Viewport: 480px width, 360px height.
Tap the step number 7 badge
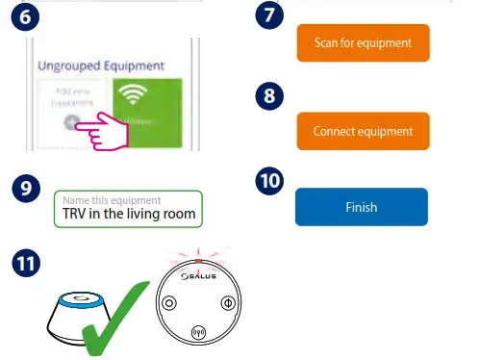pyautogui.click(x=273, y=17)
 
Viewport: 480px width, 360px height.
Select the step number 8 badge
pyautogui.click(x=273, y=98)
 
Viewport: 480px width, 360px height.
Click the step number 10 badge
pyautogui.click(x=271, y=181)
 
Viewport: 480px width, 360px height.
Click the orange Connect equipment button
pyautogui.click(x=362, y=131)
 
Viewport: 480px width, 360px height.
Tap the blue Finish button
pyautogui.click(x=361, y=207)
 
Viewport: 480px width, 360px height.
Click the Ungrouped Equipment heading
pyautogui.click(x=100, y=66)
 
